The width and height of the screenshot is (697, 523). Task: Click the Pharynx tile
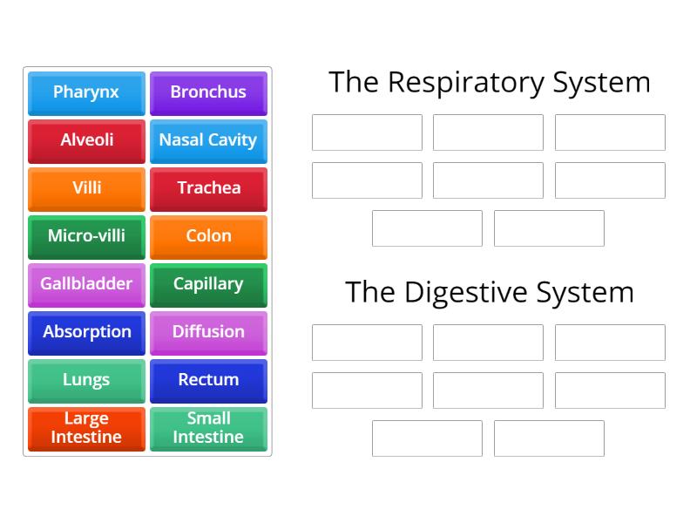(86, 92)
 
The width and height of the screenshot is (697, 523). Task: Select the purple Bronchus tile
(208, 92)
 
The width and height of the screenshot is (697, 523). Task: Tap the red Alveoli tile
(86, 140)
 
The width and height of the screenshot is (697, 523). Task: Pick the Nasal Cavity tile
(208, 140)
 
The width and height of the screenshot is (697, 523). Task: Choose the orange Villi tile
(86, 188)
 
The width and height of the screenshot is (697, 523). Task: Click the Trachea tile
(208, 188)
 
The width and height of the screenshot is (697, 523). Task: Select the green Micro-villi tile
(86, 236)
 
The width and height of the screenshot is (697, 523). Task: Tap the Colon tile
(208, 236)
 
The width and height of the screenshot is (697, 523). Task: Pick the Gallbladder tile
(86, 284)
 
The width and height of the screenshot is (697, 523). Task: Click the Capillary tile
(208, 284)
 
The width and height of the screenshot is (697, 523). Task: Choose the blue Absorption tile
(86, 332)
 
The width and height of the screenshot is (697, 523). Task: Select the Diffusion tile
(208, 332)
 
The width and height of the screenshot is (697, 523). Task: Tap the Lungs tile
(86, 380)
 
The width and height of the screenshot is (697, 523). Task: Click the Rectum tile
(208, 380)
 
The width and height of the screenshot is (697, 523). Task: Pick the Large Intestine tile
(86, 428)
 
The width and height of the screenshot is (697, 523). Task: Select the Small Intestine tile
(208, 428)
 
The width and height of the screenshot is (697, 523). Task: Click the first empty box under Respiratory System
(367, 132)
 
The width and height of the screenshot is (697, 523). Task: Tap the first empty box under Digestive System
(367, 343)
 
